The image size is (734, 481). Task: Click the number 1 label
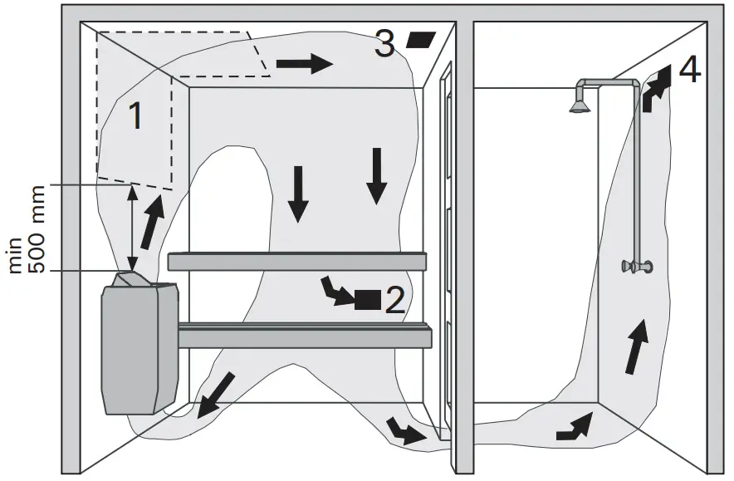(x=136, y=117)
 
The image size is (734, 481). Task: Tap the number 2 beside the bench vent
(x=395, y=300)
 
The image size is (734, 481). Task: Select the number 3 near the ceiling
(x=384, y=44)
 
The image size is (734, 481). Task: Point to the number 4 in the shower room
(x=688, y=71)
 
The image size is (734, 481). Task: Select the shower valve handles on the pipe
(x=636, y=267)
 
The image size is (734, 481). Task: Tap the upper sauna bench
(x=296, y=261)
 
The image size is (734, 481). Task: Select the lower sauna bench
(x=305, y=337)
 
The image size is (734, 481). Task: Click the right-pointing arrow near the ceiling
(x=304, y=64)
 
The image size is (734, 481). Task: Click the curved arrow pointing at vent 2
(x=336, y=290)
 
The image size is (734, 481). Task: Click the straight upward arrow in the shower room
(x=637, y=346)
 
